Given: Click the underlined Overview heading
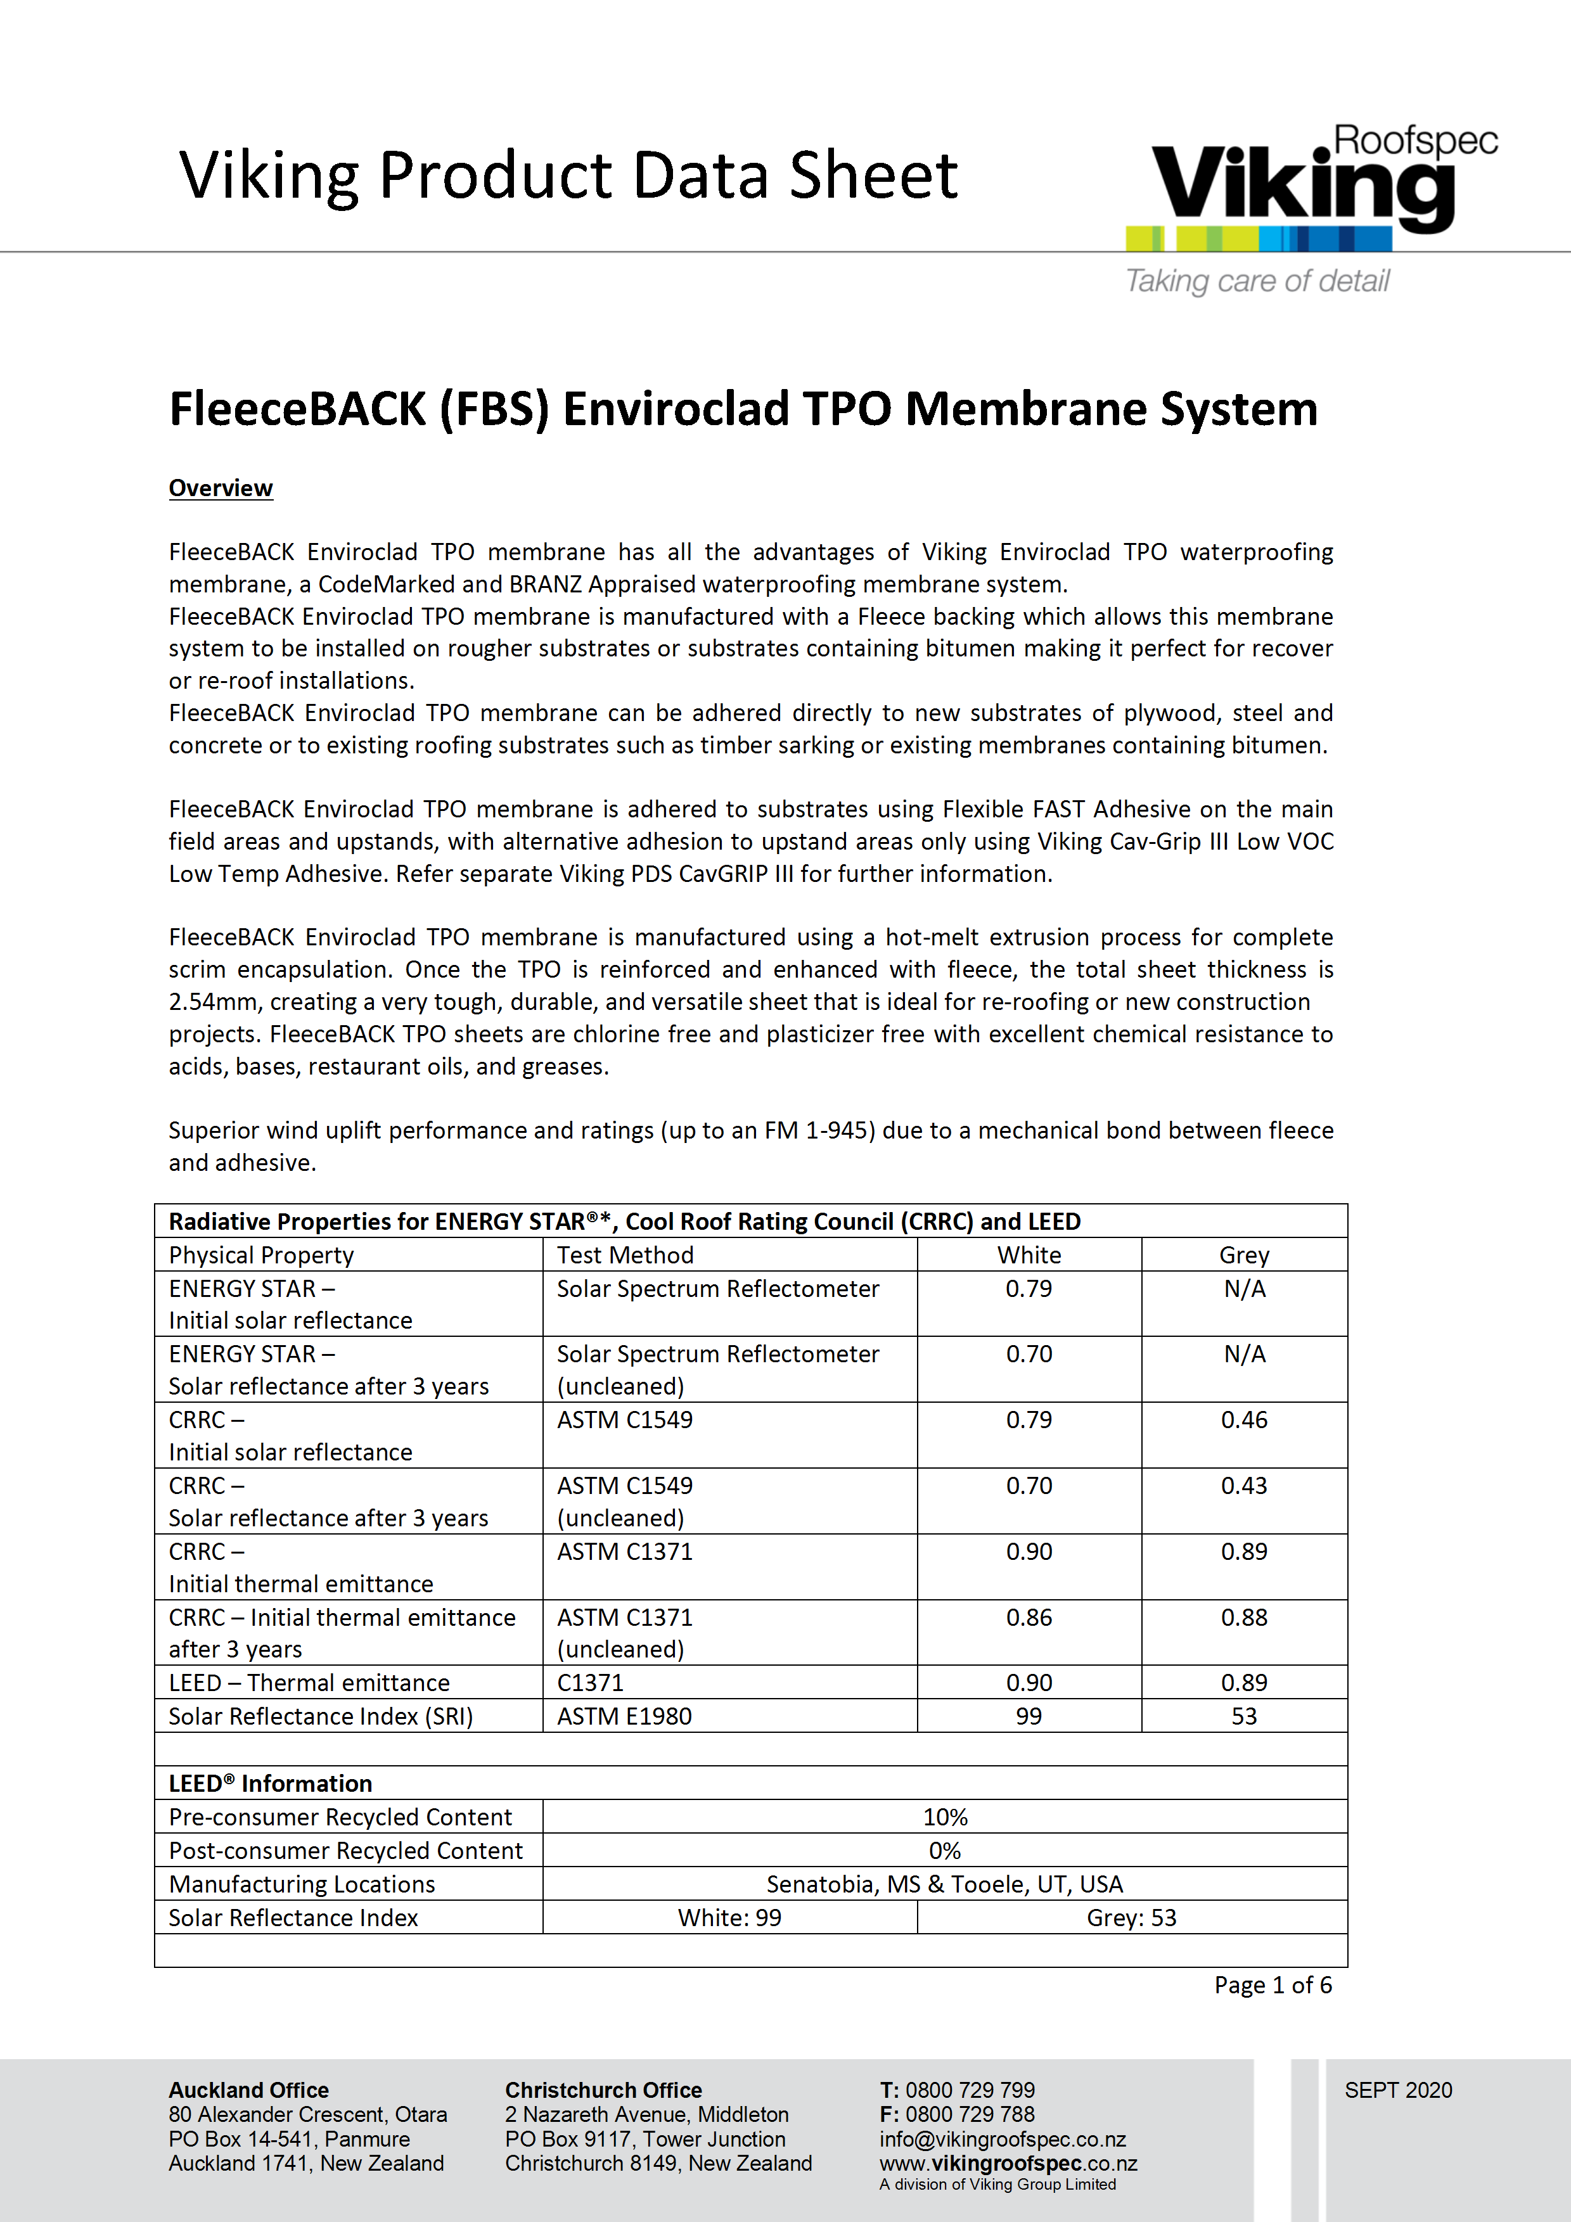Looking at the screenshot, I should (x=221, y=488).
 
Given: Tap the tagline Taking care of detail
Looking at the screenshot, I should (x=1257, y=281).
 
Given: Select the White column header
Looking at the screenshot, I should (x=1029, y=1255).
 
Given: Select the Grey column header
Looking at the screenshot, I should (x=1244, y=1255).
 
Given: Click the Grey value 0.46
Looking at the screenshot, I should (x=1244, y=1420).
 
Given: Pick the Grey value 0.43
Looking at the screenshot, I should (x=1244, y=1486).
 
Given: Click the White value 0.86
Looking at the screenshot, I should (x=1029, y=1617).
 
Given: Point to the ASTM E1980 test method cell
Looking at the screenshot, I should (x=624, y=1716).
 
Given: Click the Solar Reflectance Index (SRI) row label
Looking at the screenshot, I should (x=321, y=1716).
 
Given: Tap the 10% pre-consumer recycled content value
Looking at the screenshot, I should (x=945, y=1817).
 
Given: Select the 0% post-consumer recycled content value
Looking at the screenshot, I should (x=945, y=1850).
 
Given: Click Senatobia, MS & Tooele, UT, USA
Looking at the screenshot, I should (x=945, y=1884).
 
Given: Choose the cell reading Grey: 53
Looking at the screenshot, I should (x=1132, y=1917).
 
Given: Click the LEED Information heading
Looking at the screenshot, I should (x=270, y=1784).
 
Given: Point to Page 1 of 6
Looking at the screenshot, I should (x=1273, y=1985).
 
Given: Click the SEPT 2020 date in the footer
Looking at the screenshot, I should (x=1398, y=2090).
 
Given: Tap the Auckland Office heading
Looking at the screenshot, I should (x=249, y=2090).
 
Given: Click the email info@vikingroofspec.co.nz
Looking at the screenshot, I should (x=1003, y=2139).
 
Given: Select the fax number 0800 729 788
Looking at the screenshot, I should (x=969, y=2114).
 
